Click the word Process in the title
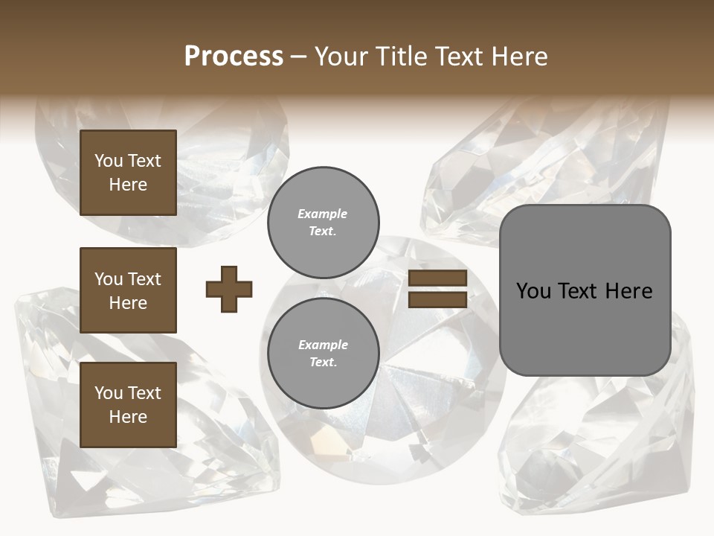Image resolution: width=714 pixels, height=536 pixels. [234, 57]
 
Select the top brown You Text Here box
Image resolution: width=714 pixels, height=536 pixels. [128, 173]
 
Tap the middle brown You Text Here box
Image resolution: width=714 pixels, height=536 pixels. [128, 290]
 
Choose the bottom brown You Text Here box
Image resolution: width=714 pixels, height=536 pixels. [128, 405]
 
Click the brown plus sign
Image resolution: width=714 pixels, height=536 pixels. [229, 289]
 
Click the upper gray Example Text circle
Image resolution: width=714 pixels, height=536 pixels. [323, 223]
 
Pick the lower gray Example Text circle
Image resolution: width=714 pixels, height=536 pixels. [323, 354]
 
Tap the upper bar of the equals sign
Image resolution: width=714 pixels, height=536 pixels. [438, 278]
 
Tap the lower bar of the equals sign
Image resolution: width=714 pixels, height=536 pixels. [438, 300]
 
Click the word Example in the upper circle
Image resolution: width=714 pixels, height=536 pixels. [323, 214]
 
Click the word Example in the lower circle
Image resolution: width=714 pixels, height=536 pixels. [323, 345]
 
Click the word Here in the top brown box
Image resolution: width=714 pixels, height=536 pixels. [128, 185]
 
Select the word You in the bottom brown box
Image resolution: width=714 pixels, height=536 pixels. [109, 393]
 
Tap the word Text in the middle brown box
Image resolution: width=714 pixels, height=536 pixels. [144, 279]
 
